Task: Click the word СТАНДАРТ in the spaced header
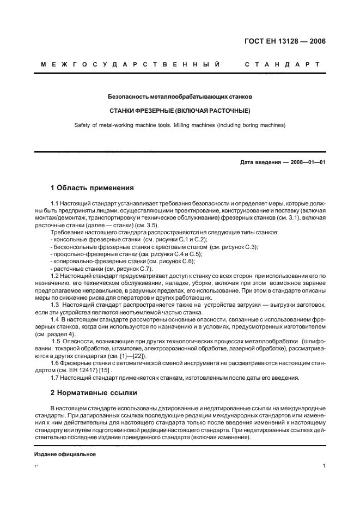(x=282, y=65)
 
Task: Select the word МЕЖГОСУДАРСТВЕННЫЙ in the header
(x=130, y=65)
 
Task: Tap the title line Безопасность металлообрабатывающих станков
(x=180, y=96)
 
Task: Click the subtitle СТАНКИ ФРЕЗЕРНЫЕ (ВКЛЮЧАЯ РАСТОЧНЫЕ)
(x=180, y=111)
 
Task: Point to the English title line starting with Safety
(x=180, y=125)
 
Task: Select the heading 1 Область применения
(x=92, y=188)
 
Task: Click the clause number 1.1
(x=54, y=203)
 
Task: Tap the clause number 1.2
(x=54, y=276)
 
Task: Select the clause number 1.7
(x=54, y=377)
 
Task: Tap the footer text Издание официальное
(x=65, y=454)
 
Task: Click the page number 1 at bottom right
(x=324, y=466)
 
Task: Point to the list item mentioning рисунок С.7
(x=101, y=269)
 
